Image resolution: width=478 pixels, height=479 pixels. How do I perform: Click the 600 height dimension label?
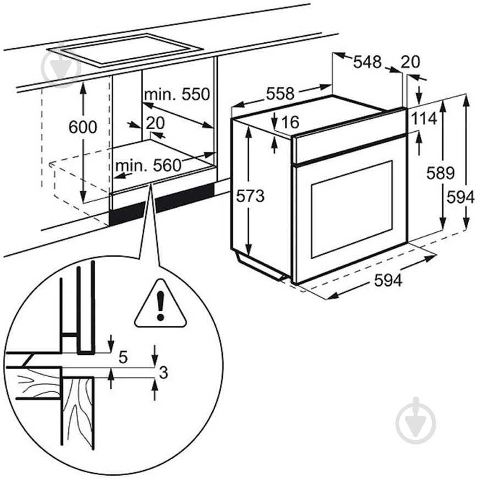pyautogui.click(x=83, y=127)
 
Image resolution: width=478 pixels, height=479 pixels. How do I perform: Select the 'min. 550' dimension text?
pyautogui.click(x=177, y=94)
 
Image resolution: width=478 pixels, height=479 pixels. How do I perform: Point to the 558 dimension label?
pyautogui.click(x=281, y=94)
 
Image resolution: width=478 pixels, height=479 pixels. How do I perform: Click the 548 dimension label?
pyautogui.click(x=367, y=62)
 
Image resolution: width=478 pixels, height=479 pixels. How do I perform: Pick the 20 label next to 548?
pyautogui.click(x=410, y=62)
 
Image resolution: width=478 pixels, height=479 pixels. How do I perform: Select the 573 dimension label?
pyautogui.click(x=251, y=196)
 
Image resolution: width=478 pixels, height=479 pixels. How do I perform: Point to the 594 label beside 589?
pyautogui.click(x=460, y=197)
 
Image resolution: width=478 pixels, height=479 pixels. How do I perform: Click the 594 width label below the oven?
pyautogui.click(x=388, y=280)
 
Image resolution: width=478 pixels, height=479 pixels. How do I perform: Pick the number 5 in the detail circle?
pyautogui.click(x=123, y=358)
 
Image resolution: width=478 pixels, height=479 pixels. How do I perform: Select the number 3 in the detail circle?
pyautogui.click(x=162, y=372)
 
